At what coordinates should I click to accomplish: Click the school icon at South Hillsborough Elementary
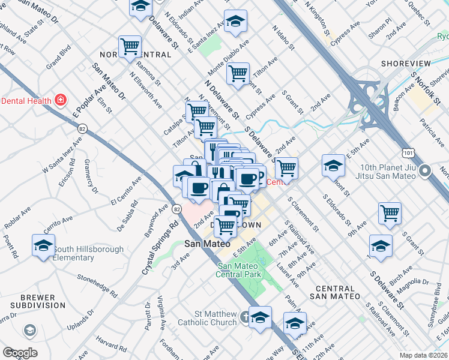coord(43,246)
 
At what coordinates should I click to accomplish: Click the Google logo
coord(20,353)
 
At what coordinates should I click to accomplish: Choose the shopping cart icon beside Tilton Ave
coord(238,74)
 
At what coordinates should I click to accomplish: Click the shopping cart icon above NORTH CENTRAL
coord(130,46)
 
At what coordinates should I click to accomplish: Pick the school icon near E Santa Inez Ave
coord(236,20)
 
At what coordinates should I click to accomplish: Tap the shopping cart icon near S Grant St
coord(390,212)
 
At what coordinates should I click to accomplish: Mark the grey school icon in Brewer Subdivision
coord(29,331)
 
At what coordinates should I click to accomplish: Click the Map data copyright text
coord(424,355)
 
